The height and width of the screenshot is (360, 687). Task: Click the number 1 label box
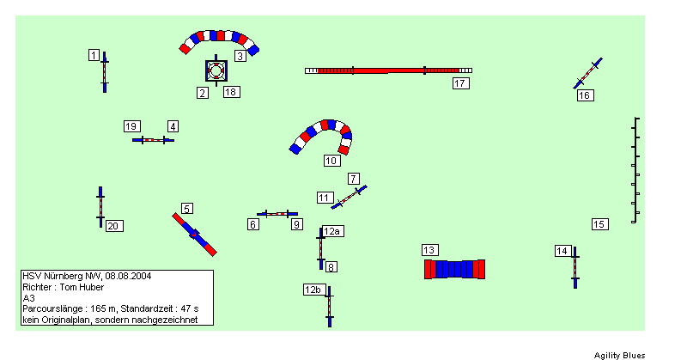[x=94, y=55]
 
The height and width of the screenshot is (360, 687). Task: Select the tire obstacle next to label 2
[x=216, y=70]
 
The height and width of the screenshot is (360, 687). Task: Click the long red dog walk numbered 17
[x=389, y=70]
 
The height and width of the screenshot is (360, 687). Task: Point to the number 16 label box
[x=586, y=95]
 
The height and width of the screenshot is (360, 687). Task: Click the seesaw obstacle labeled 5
[x=195, y=235]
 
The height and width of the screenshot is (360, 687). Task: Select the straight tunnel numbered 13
[x=454, y=269]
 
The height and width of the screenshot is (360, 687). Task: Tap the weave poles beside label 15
[x=635, y=170]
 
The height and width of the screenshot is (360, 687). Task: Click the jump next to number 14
[x=575, y=267]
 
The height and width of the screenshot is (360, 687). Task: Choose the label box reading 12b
[x=313, y=290]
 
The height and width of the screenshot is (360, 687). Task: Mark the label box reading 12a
[x=332, y=231]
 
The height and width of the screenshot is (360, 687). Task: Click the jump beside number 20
[x=100, y=207]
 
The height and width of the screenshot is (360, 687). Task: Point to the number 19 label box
[x=132, y=126]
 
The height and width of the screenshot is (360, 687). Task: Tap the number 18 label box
[x=231, y=92]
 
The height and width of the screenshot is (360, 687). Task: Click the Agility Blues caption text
[x=619, y=355]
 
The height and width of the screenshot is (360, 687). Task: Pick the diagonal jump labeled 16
[x=588, y=73]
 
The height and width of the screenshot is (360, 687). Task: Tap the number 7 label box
[x=354, y=179]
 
